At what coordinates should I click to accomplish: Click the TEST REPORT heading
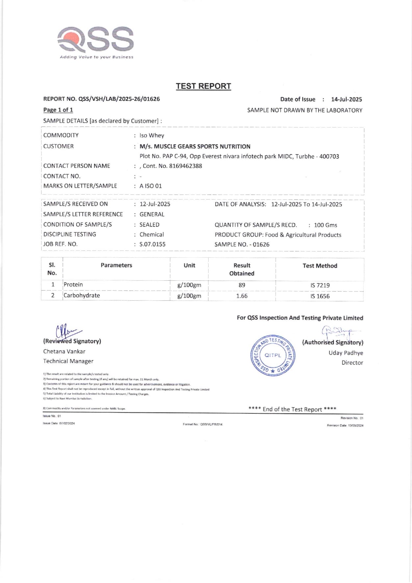tap(203, 86)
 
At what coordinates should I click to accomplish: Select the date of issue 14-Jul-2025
tap(346, 99)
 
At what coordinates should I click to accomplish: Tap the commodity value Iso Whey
tap(152, 135)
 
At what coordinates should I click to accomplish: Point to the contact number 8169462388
tap(185, 166)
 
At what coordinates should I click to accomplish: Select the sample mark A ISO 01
tap(151, 186)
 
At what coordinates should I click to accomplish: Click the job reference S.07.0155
tap(152, 244)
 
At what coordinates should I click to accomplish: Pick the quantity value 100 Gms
tap(325, 225)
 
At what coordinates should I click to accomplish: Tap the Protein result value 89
tap(242, 285)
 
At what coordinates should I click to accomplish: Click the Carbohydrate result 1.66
tap(242, 296)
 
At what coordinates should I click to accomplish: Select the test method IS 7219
tap(320, 285)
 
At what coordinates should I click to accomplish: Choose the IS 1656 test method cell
tap(320, 296)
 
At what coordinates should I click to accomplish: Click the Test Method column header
tap(320, 266)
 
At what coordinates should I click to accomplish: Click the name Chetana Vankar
tap(64, 351)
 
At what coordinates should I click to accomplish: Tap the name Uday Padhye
tap(346, 353)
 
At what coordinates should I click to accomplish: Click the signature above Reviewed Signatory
tap(67, 330)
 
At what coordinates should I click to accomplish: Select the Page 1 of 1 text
tap(58, 110)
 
